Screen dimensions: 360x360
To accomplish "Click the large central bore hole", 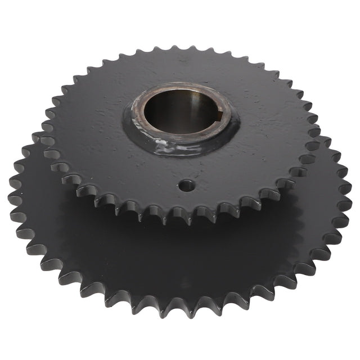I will click(x=180, y=112).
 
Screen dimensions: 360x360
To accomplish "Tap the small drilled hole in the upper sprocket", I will click(x=187, y=184).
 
